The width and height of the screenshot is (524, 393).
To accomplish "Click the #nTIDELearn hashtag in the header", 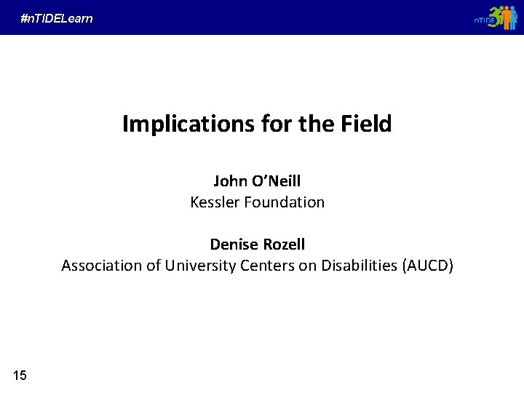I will pyautogui.click(x=57, y=18).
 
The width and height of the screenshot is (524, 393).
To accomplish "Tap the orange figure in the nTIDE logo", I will pyautogui.click(x=507, y=18).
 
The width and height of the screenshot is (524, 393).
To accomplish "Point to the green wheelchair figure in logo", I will pyautogui.click(x=497, y=17).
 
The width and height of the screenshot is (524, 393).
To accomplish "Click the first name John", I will pyautogui.click(x=229, y=180).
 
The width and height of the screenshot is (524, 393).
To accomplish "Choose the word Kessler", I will pyautogui.click(x=214, y=202).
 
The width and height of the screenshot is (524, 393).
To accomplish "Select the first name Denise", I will pyautogui.click(x=232, y=244).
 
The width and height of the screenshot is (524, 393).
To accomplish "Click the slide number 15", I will pyautogui.click(x=20, y=376).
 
